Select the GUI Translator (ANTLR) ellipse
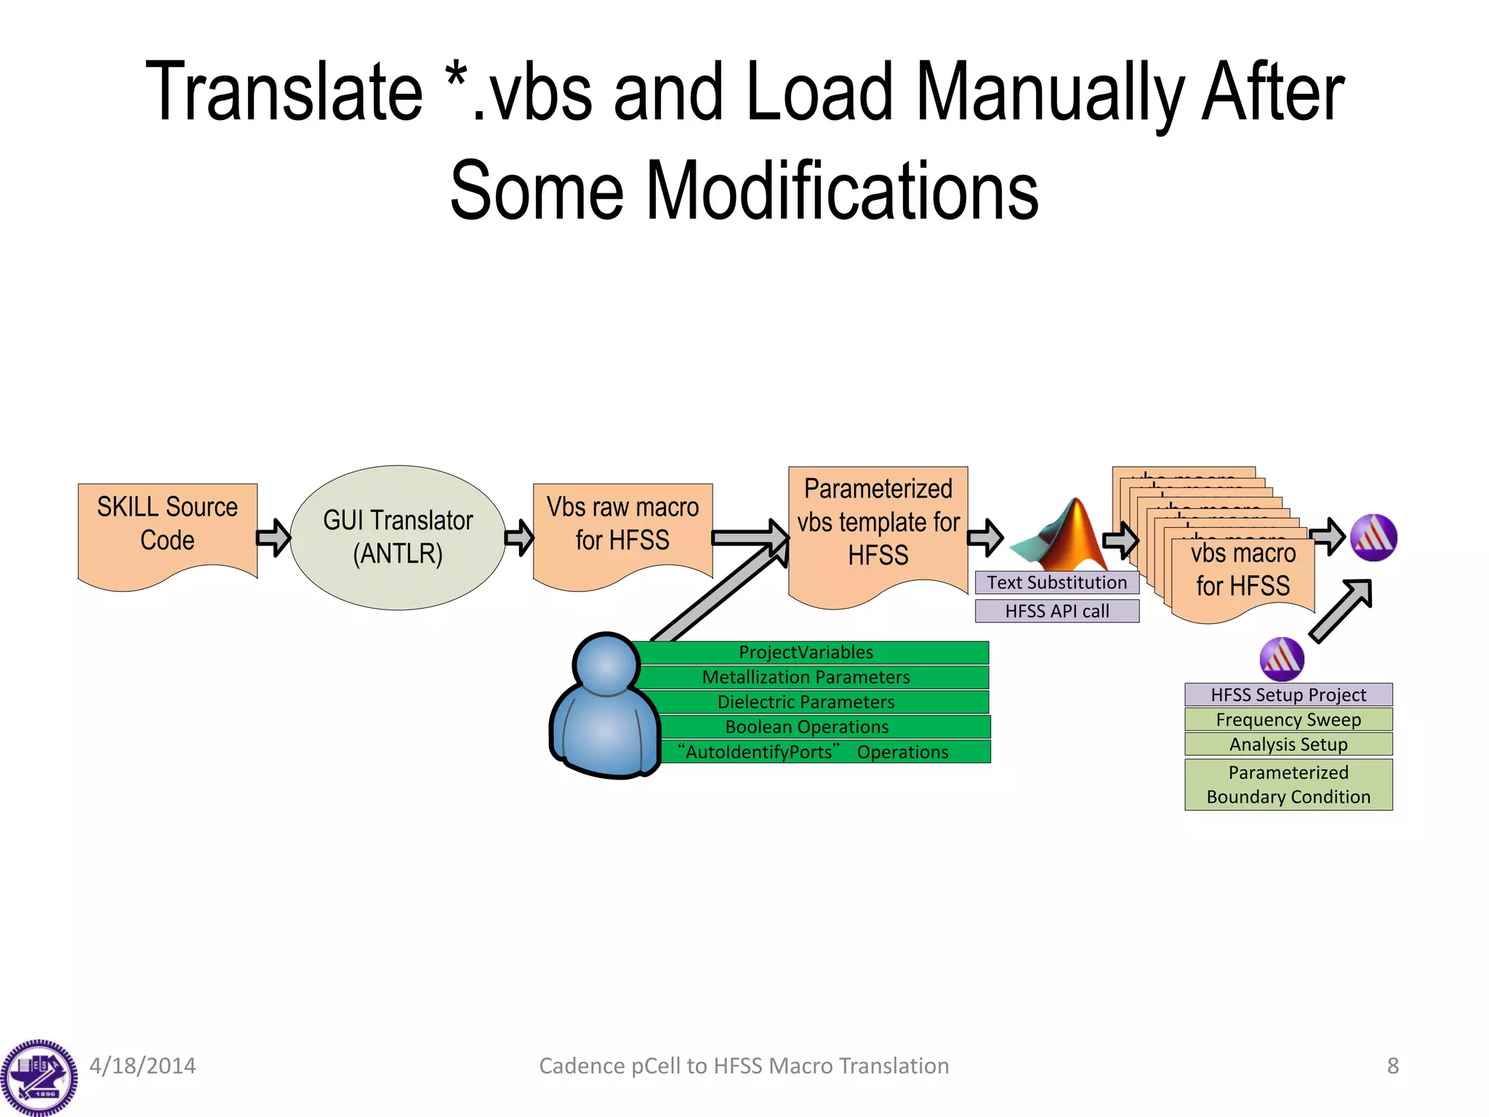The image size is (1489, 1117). [398, 537]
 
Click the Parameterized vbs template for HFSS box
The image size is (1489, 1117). [878, 524]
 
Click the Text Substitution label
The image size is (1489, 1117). [1056, 582]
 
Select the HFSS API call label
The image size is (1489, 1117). [1056, 611]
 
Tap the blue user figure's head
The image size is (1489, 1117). [606, 664]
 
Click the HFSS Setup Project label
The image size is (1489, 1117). [1288, 694]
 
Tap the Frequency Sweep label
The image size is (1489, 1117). [1288, 719]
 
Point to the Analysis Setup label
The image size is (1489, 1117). [1288, 744]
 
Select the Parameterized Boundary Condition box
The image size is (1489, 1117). [1288, 784]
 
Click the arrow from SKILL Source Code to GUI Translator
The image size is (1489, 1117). [273, 537]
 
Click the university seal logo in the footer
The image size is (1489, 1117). [39, 1077]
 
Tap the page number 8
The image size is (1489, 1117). [1392, 1065]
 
